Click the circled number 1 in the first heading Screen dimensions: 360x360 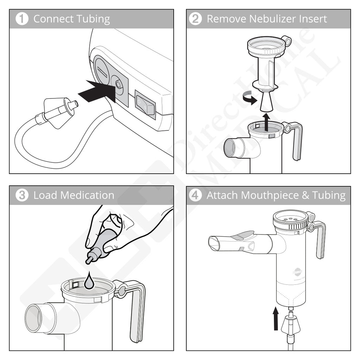[x=22, y=19]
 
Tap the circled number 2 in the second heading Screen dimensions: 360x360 [x=195, y=19]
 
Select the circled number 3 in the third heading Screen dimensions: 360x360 [x=22, y=195]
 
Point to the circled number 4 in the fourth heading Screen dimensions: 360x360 [x=195, y=195]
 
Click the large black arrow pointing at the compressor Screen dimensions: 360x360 [x=96, y=92]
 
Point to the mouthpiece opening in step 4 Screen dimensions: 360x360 [x=214, y=243]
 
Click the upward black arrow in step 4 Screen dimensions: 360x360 [x=276, y=319]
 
